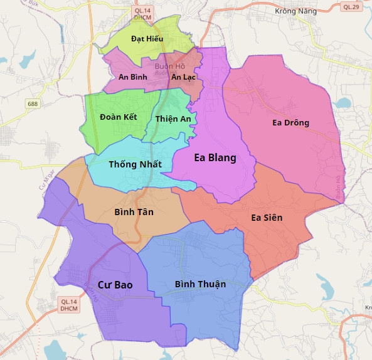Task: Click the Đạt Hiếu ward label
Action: point(147,39)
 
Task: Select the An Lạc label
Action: point(184,77)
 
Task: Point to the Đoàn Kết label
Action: point(118,117)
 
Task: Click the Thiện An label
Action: point(173,119)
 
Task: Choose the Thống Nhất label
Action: point(135,164)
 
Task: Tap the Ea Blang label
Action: point(215,158)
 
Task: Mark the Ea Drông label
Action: point(290,122)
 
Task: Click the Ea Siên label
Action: point(267,218)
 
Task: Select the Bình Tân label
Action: point(134,212)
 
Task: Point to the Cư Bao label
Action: point(115,285)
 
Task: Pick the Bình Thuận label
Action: point(200,284)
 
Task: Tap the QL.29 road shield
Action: point(351,7)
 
